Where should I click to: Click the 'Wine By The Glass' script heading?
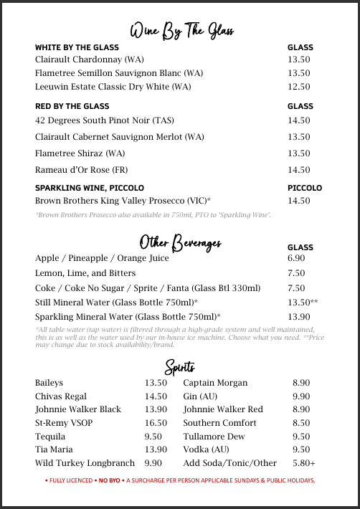tap(181, 31)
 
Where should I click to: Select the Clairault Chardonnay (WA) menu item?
tap(90, 60)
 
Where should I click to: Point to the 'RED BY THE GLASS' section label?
tap(72, 106)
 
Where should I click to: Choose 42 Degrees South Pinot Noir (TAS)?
tap(105, 120)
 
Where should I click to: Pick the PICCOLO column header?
tap(305, 188)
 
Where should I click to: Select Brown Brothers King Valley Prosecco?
tap(123, 201)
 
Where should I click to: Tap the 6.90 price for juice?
tap(296, 257)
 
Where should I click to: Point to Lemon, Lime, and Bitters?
tap(85, 273)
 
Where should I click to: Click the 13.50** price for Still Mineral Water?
tap(303, 303)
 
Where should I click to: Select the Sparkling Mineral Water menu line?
tap(128, 316)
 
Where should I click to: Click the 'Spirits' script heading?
tap(180, 366)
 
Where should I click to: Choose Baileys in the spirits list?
tap(49, 383)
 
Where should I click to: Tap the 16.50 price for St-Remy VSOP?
tap(156, 423)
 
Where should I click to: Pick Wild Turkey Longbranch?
tap(85, 463)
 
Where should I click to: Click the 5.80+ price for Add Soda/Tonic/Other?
tap(304, 463)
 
